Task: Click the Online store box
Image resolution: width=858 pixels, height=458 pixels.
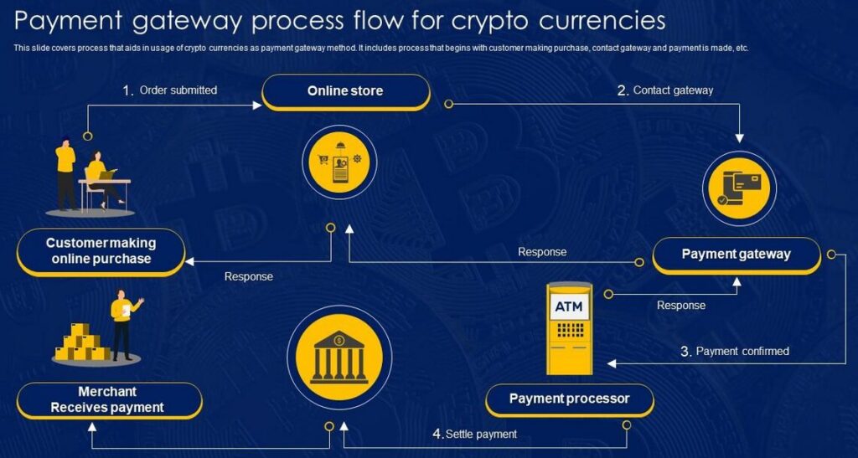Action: (345, 91)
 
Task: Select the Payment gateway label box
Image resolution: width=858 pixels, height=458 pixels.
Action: (736, 255)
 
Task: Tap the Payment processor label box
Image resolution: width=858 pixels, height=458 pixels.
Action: (569, 399)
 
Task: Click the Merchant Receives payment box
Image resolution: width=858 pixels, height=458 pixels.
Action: (108, 400)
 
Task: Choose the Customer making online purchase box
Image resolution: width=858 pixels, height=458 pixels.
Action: (101, 251)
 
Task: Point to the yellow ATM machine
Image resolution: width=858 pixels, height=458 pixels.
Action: (570, 328)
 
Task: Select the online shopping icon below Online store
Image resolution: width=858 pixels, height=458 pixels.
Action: (340, 163)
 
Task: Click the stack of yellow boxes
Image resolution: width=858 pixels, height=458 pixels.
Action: (82, 343)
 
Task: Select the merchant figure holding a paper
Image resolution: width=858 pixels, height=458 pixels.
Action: (123, 324)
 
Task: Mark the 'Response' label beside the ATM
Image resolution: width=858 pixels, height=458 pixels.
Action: (681, 306)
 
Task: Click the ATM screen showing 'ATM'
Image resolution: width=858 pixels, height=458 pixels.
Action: (569, 307)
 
